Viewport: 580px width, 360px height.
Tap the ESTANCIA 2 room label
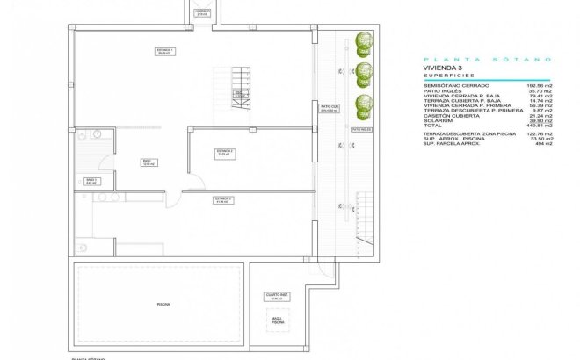225,152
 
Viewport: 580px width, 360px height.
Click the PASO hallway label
148,162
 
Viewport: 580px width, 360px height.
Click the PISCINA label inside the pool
163,303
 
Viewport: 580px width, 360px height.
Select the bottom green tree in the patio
361,104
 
